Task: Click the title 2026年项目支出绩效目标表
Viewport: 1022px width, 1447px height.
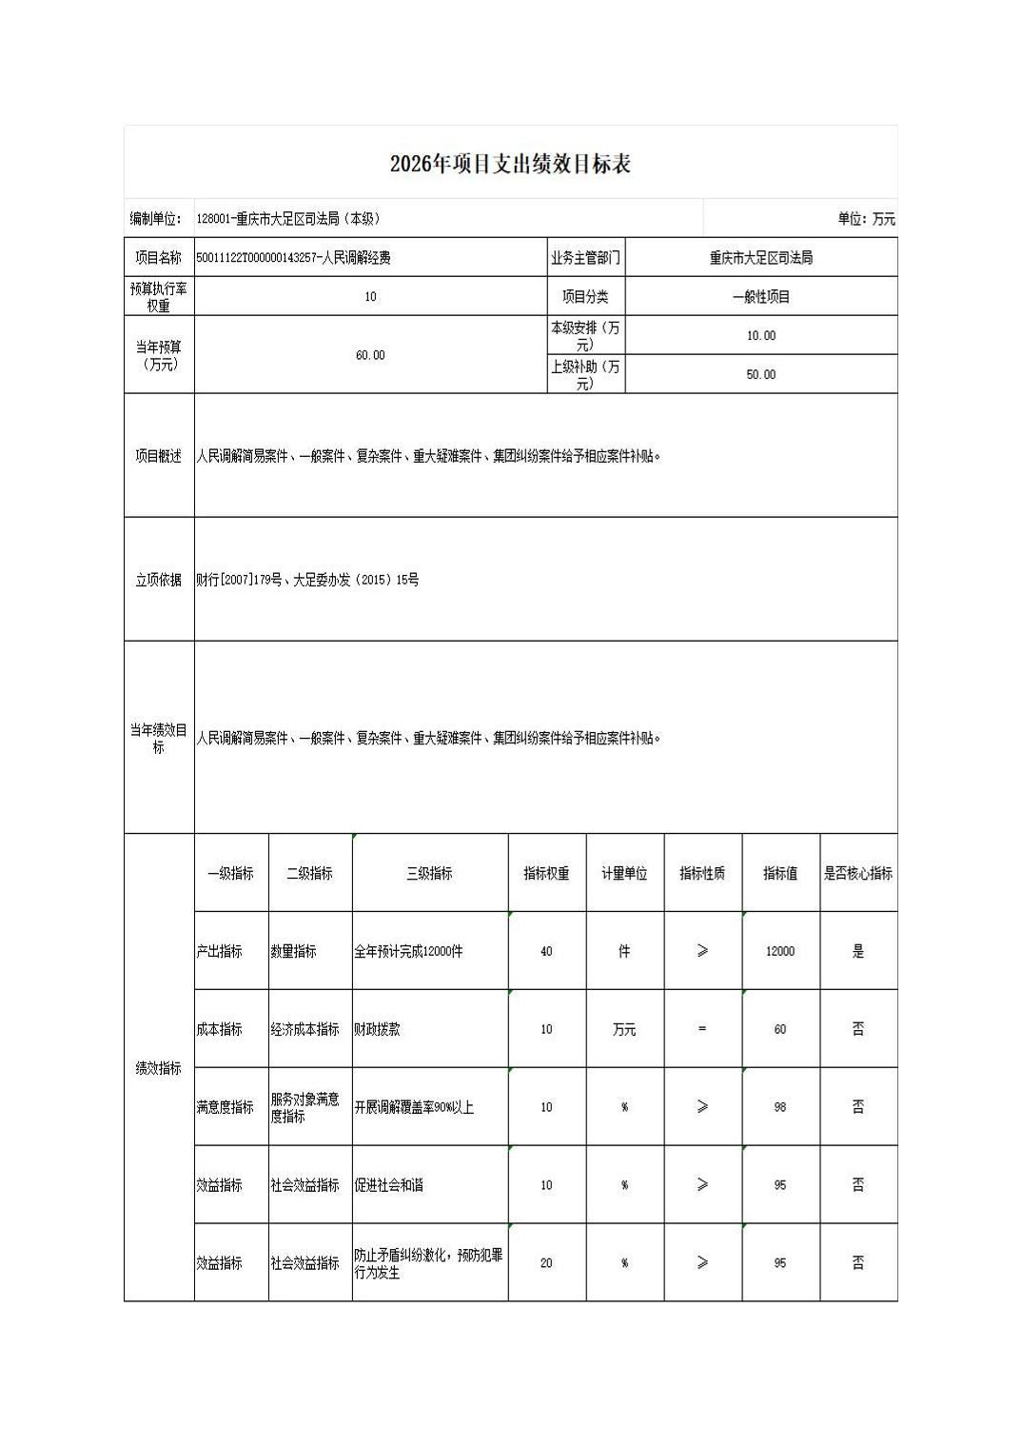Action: coord(510,164)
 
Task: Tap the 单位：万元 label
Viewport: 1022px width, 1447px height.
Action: coord(866,219)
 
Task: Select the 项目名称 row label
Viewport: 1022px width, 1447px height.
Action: coord(158,258)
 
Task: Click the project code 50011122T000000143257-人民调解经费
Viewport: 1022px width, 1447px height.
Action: coord(293,258)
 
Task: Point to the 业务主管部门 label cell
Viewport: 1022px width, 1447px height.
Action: coord(585,258)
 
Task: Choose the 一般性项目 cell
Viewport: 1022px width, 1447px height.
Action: coord(761,297)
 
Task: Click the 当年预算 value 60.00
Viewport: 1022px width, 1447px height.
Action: coord(370,355)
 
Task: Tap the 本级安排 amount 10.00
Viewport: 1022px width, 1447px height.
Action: coord(761,336)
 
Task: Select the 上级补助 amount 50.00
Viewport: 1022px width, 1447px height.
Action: coord(761,375)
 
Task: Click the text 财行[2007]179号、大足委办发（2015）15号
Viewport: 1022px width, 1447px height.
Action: coord(307,580)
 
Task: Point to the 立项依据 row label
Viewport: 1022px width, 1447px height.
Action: coord(158,580)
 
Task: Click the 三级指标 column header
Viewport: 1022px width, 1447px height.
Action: coord(429,873)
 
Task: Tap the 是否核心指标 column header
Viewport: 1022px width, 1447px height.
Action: coord(857,873)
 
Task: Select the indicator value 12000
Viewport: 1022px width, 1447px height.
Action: coord(780,951)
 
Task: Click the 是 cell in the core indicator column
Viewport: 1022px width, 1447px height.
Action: coord(857,951)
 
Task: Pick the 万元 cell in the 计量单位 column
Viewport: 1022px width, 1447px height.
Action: coord(624,1029)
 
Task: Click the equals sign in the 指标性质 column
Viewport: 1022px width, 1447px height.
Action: coord(702,1029)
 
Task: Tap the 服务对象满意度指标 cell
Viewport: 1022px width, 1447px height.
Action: coord(305,1107)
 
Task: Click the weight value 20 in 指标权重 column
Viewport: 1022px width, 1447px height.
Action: coord(546,1263)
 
